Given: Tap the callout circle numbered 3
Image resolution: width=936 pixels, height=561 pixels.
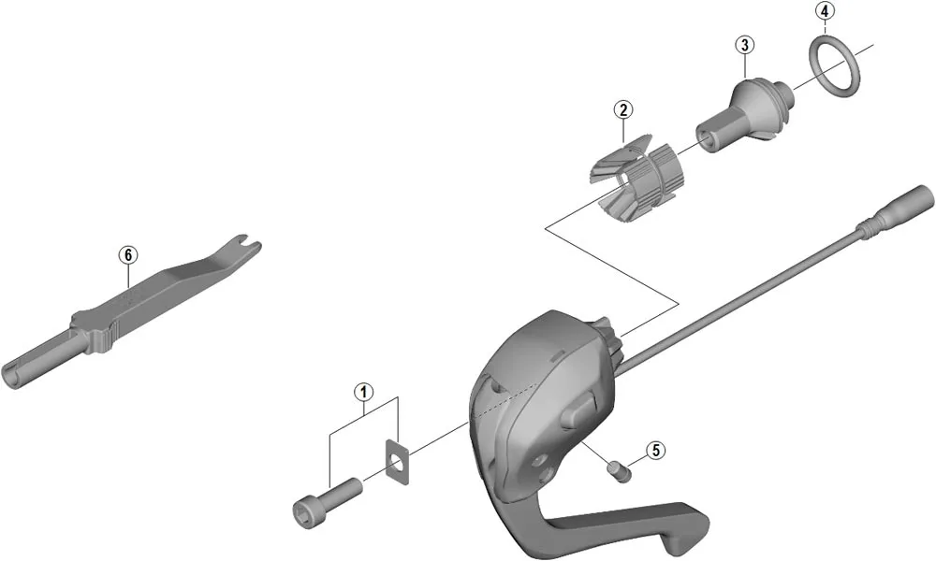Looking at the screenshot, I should [744, 44].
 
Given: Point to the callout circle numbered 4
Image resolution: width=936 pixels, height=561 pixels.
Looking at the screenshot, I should [824, 11].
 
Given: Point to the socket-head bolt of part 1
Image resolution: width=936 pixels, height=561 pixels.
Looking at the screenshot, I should [328, 497].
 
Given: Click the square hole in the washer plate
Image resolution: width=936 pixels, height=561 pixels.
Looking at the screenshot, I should [397, 463].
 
